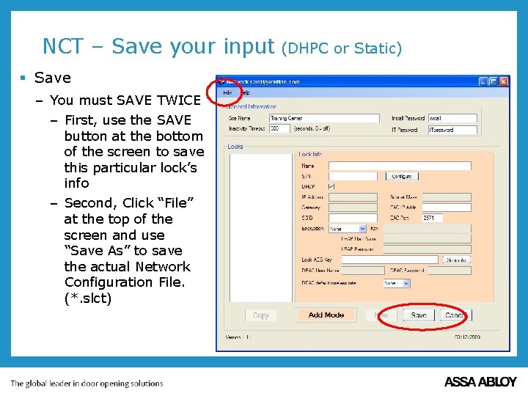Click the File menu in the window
[228, 93]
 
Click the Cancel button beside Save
[454, 315]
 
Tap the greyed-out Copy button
[261, 315]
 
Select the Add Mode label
[326, 315]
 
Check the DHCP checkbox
[331, 186]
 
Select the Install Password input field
[452, 118]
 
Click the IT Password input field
[452, 130]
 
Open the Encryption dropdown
[347, 229]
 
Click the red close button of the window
[504, 81]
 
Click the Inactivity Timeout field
[279, 128]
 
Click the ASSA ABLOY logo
[480, 382]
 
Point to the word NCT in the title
[65, 47]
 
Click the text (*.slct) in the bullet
[88, 298]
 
